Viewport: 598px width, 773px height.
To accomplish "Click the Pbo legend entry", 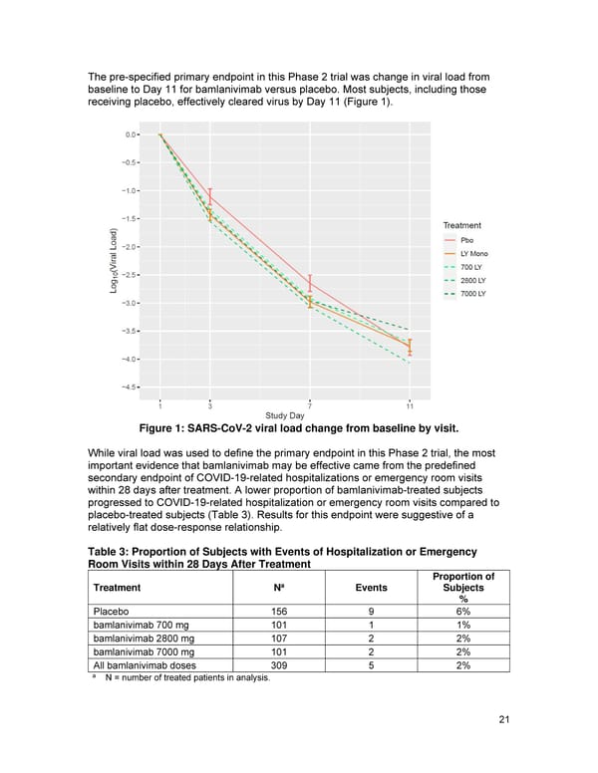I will click(467, 240).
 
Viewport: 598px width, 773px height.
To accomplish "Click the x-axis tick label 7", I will click(310, 405).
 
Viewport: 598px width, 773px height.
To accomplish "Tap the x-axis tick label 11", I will click(410, 405).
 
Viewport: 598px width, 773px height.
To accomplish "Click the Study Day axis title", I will click(285, 415).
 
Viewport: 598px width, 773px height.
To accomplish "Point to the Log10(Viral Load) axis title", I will click(115, 261).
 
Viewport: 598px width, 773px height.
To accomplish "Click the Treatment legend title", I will click(461, 225).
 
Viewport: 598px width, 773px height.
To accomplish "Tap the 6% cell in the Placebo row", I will click(462, 612).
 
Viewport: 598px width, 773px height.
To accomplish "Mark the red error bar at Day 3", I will click(210, 197).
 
